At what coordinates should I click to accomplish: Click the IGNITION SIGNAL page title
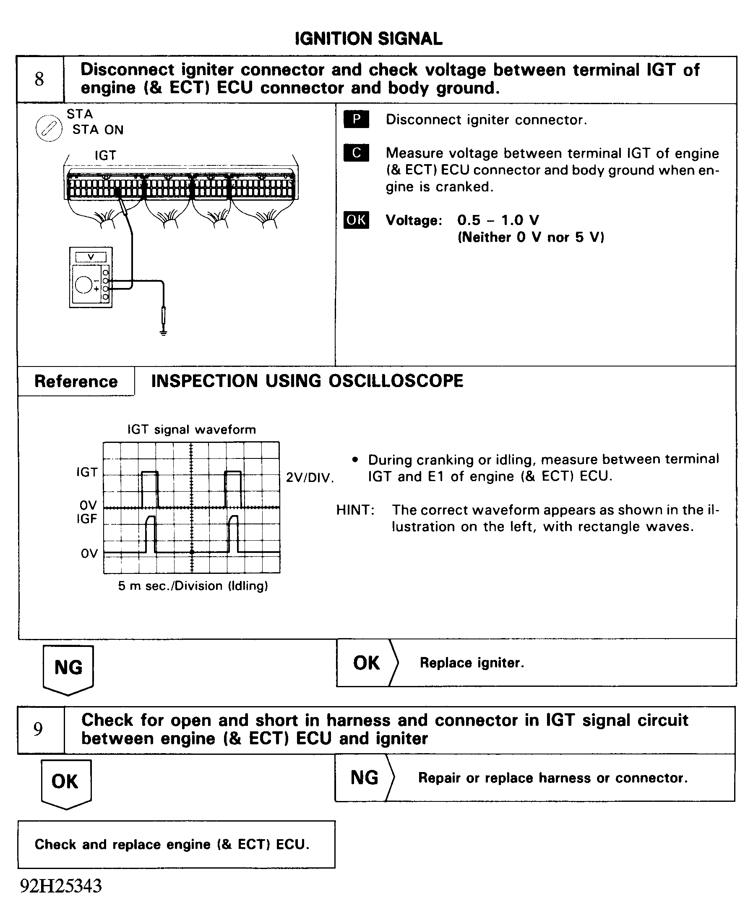tap(368, 39)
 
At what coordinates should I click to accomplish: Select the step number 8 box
tap(40, 79)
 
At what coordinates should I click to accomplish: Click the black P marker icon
tap(356, 119)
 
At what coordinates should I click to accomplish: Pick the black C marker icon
tap(356, 153)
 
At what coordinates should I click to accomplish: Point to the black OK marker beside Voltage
tap(356, 220)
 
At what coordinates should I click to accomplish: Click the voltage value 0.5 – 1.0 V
tap(498, 220)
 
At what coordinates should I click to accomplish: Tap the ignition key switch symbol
tap(49, 128)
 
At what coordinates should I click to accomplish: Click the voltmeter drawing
tap(91, 277)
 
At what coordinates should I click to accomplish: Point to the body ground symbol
tap(163, 333)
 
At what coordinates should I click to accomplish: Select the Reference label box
tap(76, 381)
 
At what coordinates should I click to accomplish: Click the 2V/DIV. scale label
tap(310, 478)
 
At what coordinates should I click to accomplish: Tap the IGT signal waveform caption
tap(191, 429)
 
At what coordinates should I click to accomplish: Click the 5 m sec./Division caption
tap(193, 586)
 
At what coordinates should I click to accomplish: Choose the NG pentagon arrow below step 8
tap(68, 668)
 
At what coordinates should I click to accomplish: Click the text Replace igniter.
tap(472, 663)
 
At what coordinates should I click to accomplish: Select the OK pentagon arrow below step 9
tap(65, 782)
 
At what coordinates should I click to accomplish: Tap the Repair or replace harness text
tap(552, 778)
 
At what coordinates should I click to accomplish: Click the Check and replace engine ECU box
tap(176, 844)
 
